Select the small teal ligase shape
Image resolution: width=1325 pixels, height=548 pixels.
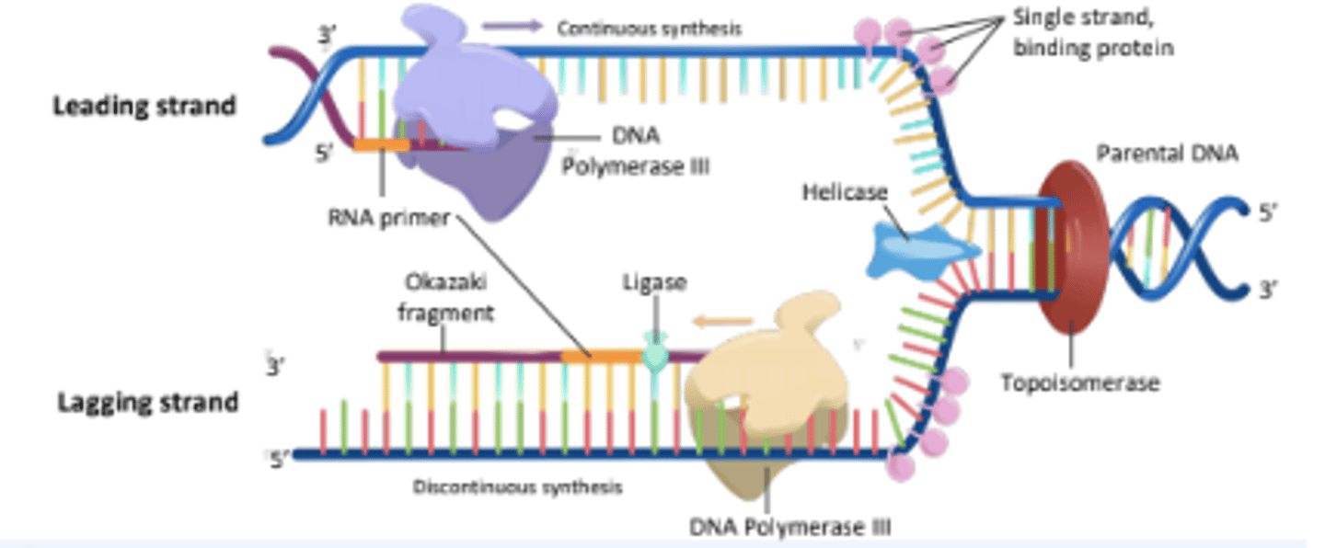click(654, 354)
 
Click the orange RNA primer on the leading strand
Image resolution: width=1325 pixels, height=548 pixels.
click(381, 144)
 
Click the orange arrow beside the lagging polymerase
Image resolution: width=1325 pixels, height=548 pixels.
click(721, 322)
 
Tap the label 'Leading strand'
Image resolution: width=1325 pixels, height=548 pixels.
click(144, 106)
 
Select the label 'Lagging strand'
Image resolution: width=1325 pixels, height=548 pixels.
click(147, 403)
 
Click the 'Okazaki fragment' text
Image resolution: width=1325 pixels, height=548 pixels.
click(445, 298)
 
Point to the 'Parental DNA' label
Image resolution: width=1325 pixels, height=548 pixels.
click(1167, 154)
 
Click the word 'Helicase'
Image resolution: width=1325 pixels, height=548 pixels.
click(844, 192)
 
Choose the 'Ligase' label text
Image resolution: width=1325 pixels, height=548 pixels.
click(655, 281)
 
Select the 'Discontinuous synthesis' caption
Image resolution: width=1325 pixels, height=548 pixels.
click(517, 486)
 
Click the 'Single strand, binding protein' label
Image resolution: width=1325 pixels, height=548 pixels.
click(1092, 31)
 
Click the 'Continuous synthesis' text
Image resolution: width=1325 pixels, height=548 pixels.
click(649, 29)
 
